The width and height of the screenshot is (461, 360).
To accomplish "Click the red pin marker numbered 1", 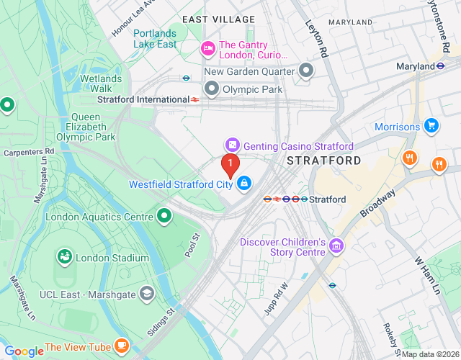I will [x=230, y=166].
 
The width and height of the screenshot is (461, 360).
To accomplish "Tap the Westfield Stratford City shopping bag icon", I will [x=245, y=184].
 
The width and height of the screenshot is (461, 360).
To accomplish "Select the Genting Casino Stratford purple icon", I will [x=232, y=145].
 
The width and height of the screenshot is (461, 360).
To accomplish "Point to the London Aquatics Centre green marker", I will [x=164, y=216].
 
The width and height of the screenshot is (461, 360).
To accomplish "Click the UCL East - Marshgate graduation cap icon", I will [x=147, y=293].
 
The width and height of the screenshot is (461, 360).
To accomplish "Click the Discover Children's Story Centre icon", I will [x=335, y=247].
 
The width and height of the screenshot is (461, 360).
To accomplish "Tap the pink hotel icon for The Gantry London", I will [x=207, y=48].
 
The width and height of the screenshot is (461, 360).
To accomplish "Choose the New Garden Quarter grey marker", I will [x=307, y=71].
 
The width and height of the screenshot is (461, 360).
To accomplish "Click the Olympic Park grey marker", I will [x=212, y=89].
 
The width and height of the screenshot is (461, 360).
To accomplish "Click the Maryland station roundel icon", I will [x=440, y=66].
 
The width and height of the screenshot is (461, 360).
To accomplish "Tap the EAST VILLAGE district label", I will [x=218, y=19].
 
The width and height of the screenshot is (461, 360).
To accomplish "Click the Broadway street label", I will [x=379, y=204].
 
